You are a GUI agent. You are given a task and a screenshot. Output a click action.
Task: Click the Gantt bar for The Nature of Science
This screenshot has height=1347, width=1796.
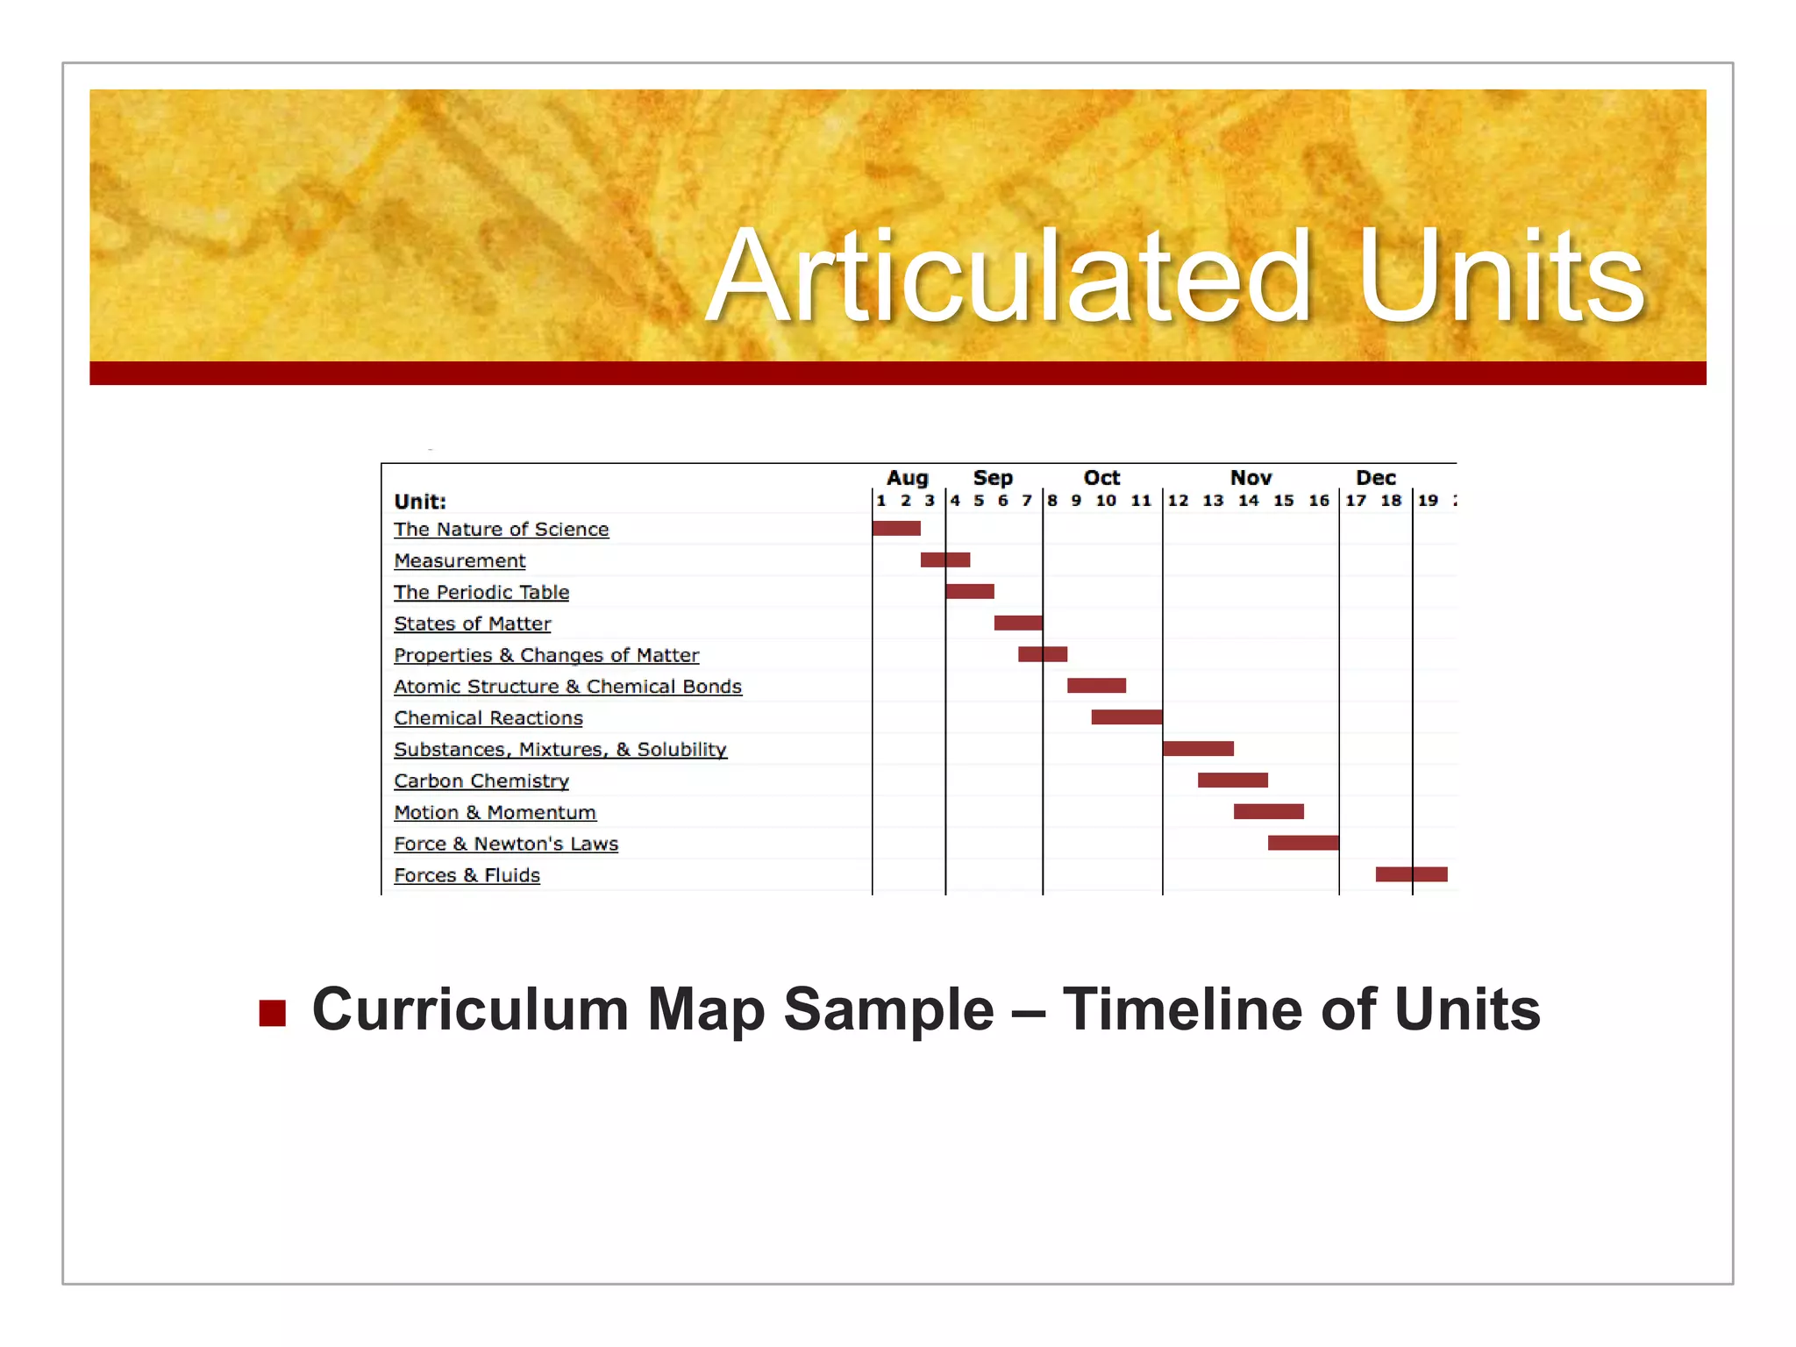(896, 528)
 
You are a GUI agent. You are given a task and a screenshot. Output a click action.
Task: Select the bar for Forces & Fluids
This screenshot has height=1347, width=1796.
(1411, 874)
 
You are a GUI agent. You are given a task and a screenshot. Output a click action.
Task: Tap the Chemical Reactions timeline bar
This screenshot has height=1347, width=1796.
(1126, 717)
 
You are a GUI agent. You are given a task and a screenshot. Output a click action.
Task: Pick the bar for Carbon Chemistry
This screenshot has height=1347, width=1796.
(1232, 780)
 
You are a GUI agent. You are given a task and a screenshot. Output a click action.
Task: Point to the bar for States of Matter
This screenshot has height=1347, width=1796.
(1017, 623)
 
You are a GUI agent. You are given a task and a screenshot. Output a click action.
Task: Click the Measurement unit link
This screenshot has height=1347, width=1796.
(460, 560)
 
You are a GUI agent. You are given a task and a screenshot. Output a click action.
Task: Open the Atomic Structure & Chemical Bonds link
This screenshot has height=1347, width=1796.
(567, 687)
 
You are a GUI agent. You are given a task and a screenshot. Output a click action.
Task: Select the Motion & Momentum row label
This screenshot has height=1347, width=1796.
(495, 812)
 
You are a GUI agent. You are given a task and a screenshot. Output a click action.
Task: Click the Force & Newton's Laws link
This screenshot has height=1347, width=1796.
(506, 844)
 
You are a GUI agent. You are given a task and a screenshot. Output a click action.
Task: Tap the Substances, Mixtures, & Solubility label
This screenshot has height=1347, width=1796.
(560, 750)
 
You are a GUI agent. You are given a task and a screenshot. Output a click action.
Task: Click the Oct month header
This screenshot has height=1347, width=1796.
(1101, 478)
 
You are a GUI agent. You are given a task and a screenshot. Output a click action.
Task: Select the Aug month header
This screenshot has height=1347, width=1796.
(907, 478)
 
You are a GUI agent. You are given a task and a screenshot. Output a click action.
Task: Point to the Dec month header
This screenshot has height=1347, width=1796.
(1375, 478)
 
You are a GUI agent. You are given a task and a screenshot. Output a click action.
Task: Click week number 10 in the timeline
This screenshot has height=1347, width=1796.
(1106, 501)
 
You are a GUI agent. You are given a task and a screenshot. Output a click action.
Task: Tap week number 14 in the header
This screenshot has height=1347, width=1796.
(1248, 501)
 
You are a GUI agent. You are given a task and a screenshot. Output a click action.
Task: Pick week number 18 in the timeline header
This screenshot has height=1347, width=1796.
(1391, 501)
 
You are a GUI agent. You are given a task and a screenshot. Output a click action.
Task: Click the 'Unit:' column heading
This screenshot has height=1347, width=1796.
(420, 502)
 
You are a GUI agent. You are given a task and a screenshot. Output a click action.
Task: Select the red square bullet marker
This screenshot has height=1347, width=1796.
(273, 1012)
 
